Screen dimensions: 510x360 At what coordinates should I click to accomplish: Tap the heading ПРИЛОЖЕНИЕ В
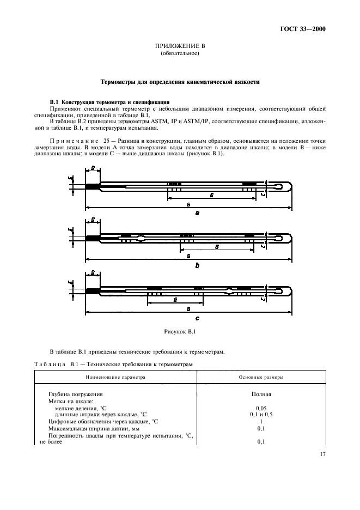coord(180,47)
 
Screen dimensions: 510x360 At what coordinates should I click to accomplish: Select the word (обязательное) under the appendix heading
coord(180,54)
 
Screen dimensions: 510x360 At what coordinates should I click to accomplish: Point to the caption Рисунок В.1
coord(180,331)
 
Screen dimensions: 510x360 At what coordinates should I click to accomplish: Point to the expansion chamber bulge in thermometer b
coord(142,238)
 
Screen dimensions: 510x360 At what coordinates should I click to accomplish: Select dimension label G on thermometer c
coord(174,300)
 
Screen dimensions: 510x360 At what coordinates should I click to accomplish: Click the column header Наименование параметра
coord(115,377)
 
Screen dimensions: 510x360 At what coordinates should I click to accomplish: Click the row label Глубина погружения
coord(76,393)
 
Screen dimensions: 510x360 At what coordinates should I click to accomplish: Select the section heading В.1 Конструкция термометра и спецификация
coord(110,102)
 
